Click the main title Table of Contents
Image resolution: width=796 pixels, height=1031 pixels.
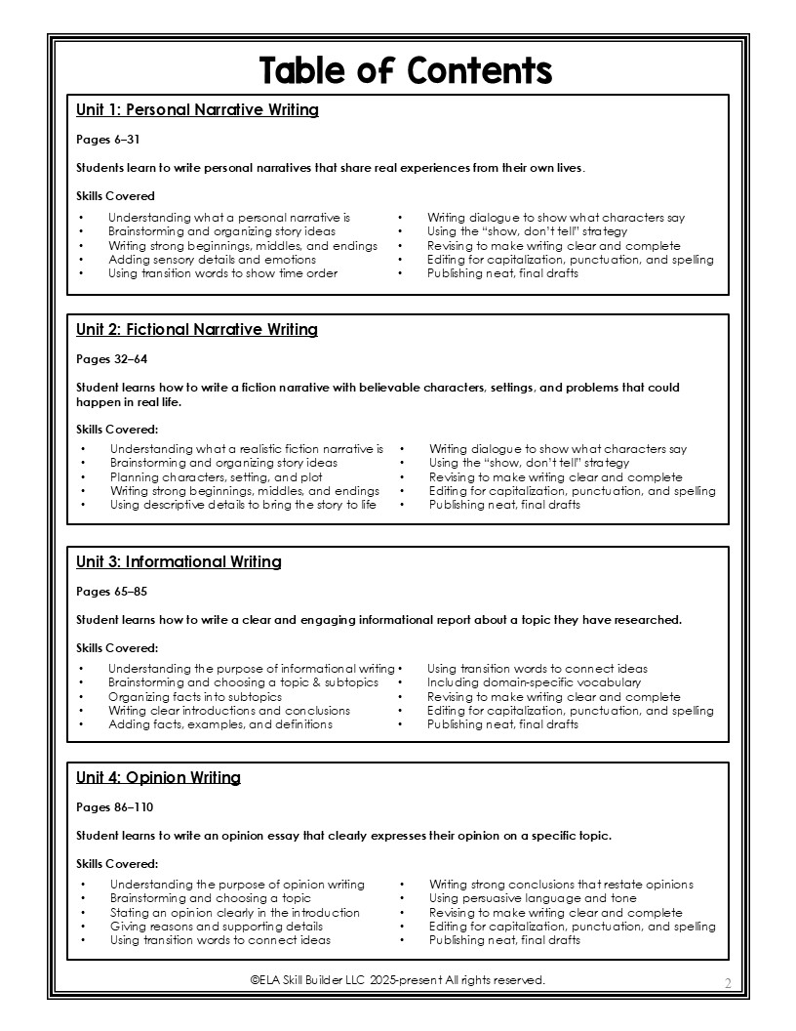click(x=405, y=70)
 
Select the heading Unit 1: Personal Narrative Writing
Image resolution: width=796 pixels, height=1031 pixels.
click(x=197, y=110)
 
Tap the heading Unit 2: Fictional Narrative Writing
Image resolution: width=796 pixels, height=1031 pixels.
click(x=197, y=330)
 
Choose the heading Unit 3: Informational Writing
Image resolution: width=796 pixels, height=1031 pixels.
click(x=179, y=562)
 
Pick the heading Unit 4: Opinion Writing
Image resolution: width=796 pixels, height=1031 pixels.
click(x=158, y=778)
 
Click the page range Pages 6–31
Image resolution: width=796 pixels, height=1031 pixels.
click(x=108, y=140)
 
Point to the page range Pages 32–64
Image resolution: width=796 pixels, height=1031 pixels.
click(x=112, y=359)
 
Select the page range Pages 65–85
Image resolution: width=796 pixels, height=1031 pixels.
click(x=112, y=592)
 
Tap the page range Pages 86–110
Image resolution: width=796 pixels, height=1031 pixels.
click(x=115, y=807)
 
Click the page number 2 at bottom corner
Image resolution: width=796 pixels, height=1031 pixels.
click(x=728, y=982)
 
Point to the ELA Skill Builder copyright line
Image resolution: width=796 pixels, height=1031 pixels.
click(x=397, y=979)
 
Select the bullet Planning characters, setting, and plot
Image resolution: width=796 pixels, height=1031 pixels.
click(x=216, y=477)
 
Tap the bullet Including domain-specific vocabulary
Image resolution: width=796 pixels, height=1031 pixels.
click(x=534, y=682)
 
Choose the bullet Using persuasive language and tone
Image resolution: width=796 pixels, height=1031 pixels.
click(x=533, y=898)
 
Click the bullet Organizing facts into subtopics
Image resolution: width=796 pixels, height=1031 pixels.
click(x=195, y=697)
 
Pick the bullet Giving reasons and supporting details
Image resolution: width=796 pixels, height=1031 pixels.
click(x=216, y=927)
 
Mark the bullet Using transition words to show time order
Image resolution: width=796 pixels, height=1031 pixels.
click(x=222, y=273)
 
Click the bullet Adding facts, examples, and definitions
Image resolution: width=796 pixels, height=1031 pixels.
click(x=220, y=724)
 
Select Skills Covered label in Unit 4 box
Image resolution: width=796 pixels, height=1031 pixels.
click(x=117, y=864)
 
